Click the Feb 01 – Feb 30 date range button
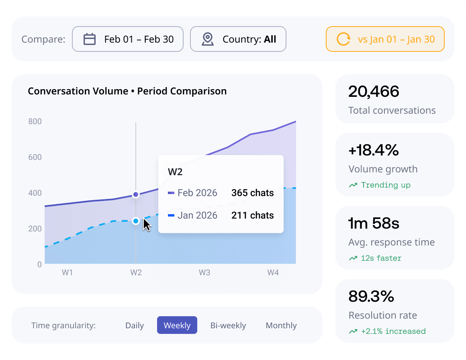(127, 39)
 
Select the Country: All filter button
(238, 39)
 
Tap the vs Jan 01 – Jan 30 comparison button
(385, 39)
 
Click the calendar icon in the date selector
(90, 39)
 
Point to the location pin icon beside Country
(208, 39)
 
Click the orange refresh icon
(343, 39)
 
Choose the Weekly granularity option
(177, 325)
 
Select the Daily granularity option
(135, 325)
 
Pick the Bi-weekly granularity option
(228, 325)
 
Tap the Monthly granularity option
(281, 325)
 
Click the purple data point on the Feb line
(136, 194)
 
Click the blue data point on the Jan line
(136, 221)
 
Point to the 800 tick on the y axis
(35, 121)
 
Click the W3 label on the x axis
(204, 272)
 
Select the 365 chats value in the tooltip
(253, 193)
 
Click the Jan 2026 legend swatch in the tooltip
(171, 215)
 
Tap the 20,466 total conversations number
(374, 92)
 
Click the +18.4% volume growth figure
(374, 150)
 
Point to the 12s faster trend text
(381, 258)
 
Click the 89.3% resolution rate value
(371, 297)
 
